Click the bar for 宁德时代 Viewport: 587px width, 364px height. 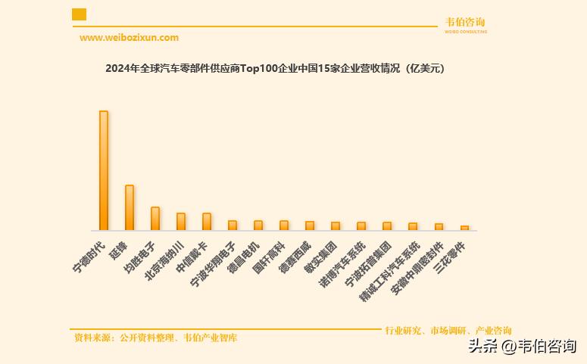[x=104, y=170]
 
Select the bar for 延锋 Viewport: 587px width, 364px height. [x=130, y=207]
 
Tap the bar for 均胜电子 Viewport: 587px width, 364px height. [x=155, y=218]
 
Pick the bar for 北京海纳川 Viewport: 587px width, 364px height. [x=181, y=221]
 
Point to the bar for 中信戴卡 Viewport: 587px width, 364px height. [x=207, y=221]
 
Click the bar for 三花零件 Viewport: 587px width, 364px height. [x=464, y=228]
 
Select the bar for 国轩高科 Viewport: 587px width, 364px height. [x=284, y=225]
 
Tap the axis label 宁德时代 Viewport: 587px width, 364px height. [x=89, y=257]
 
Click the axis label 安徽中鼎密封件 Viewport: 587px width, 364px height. [x=417, y=269]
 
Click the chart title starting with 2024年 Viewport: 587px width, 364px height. [x=276, y=69]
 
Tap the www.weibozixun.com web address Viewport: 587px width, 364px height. [x=129, y=38]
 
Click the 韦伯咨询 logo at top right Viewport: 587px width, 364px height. [x=466, y=24]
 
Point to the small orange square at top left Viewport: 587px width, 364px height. [x=79, y=14]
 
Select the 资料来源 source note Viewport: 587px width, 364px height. [x=156, y=338]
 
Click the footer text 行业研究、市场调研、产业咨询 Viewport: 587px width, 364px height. [x=448, y=331]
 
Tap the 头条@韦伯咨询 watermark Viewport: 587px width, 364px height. [x=522, y=347]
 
